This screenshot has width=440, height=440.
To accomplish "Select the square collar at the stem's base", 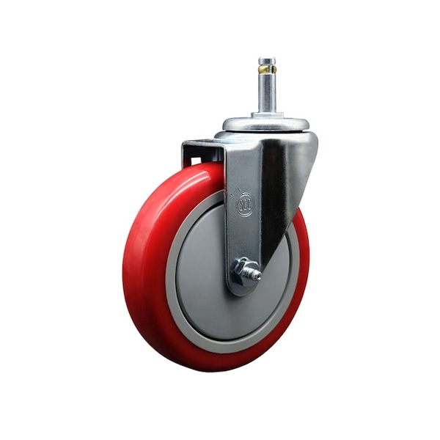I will point(267,114).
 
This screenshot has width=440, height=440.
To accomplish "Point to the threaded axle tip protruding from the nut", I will point(256,274).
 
